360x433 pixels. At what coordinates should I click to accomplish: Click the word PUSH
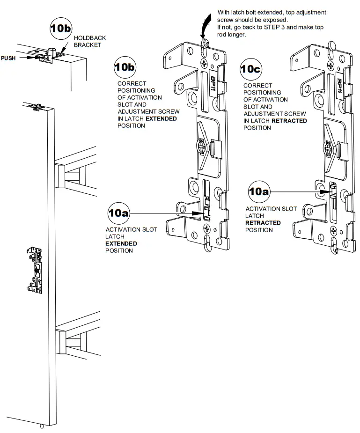pyautogui.click(x=8, y=58)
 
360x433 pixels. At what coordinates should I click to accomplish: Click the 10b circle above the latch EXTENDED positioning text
pyautogui.click(x=125, y=67)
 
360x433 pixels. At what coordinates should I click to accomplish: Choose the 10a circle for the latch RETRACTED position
pyautogui.click(x=259, y=191)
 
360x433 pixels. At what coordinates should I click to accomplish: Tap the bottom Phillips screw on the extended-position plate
pyautogui.click(x=206, y=228)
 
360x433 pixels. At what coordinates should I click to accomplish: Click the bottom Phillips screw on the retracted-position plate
pyautogui.click(x=333, y=230)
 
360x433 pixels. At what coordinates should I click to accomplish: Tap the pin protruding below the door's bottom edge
pyautogui.click(x=43, y=426)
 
